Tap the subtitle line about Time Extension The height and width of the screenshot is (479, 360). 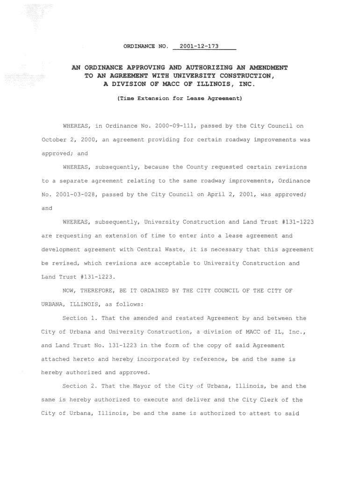coord(179,99)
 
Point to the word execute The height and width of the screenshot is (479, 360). coord(158,400)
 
